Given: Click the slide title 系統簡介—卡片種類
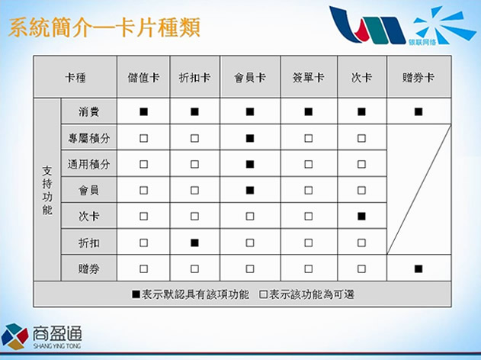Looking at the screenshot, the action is (x=104, y=27).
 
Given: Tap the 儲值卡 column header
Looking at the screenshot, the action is (x=143, y=78).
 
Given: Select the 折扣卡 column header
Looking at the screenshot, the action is (x=194, y=78).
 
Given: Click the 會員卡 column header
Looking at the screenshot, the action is (x=250, y=78).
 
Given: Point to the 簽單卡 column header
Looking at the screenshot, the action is (x=308, y=78).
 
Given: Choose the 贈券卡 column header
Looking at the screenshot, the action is (x=418, y=78).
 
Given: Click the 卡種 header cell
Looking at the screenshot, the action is (x=75, y=78).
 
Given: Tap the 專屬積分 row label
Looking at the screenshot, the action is (x=89, y=138).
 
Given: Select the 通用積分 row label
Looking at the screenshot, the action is (x=89, y=164).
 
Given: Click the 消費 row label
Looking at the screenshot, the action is (x=89, y=111).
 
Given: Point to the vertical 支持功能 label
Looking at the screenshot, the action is (x=47, y=190).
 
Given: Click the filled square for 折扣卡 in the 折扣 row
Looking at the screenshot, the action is (x=194, y=243).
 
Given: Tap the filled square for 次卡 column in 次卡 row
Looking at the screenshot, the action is (x=361, y=217).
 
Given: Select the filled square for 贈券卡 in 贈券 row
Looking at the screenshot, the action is (x=418, y=268).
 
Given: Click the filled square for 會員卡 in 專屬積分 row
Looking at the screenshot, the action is (x=250, y=138).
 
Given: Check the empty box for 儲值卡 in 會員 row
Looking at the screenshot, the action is (x=143, y=190).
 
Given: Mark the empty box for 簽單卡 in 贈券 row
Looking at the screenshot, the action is (x=308, y=268).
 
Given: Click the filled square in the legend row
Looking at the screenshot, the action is (x=136, y=294).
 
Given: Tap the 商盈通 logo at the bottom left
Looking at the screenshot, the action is (x=41, y=336).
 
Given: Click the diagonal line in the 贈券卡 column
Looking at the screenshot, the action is (x=418, y=190).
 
